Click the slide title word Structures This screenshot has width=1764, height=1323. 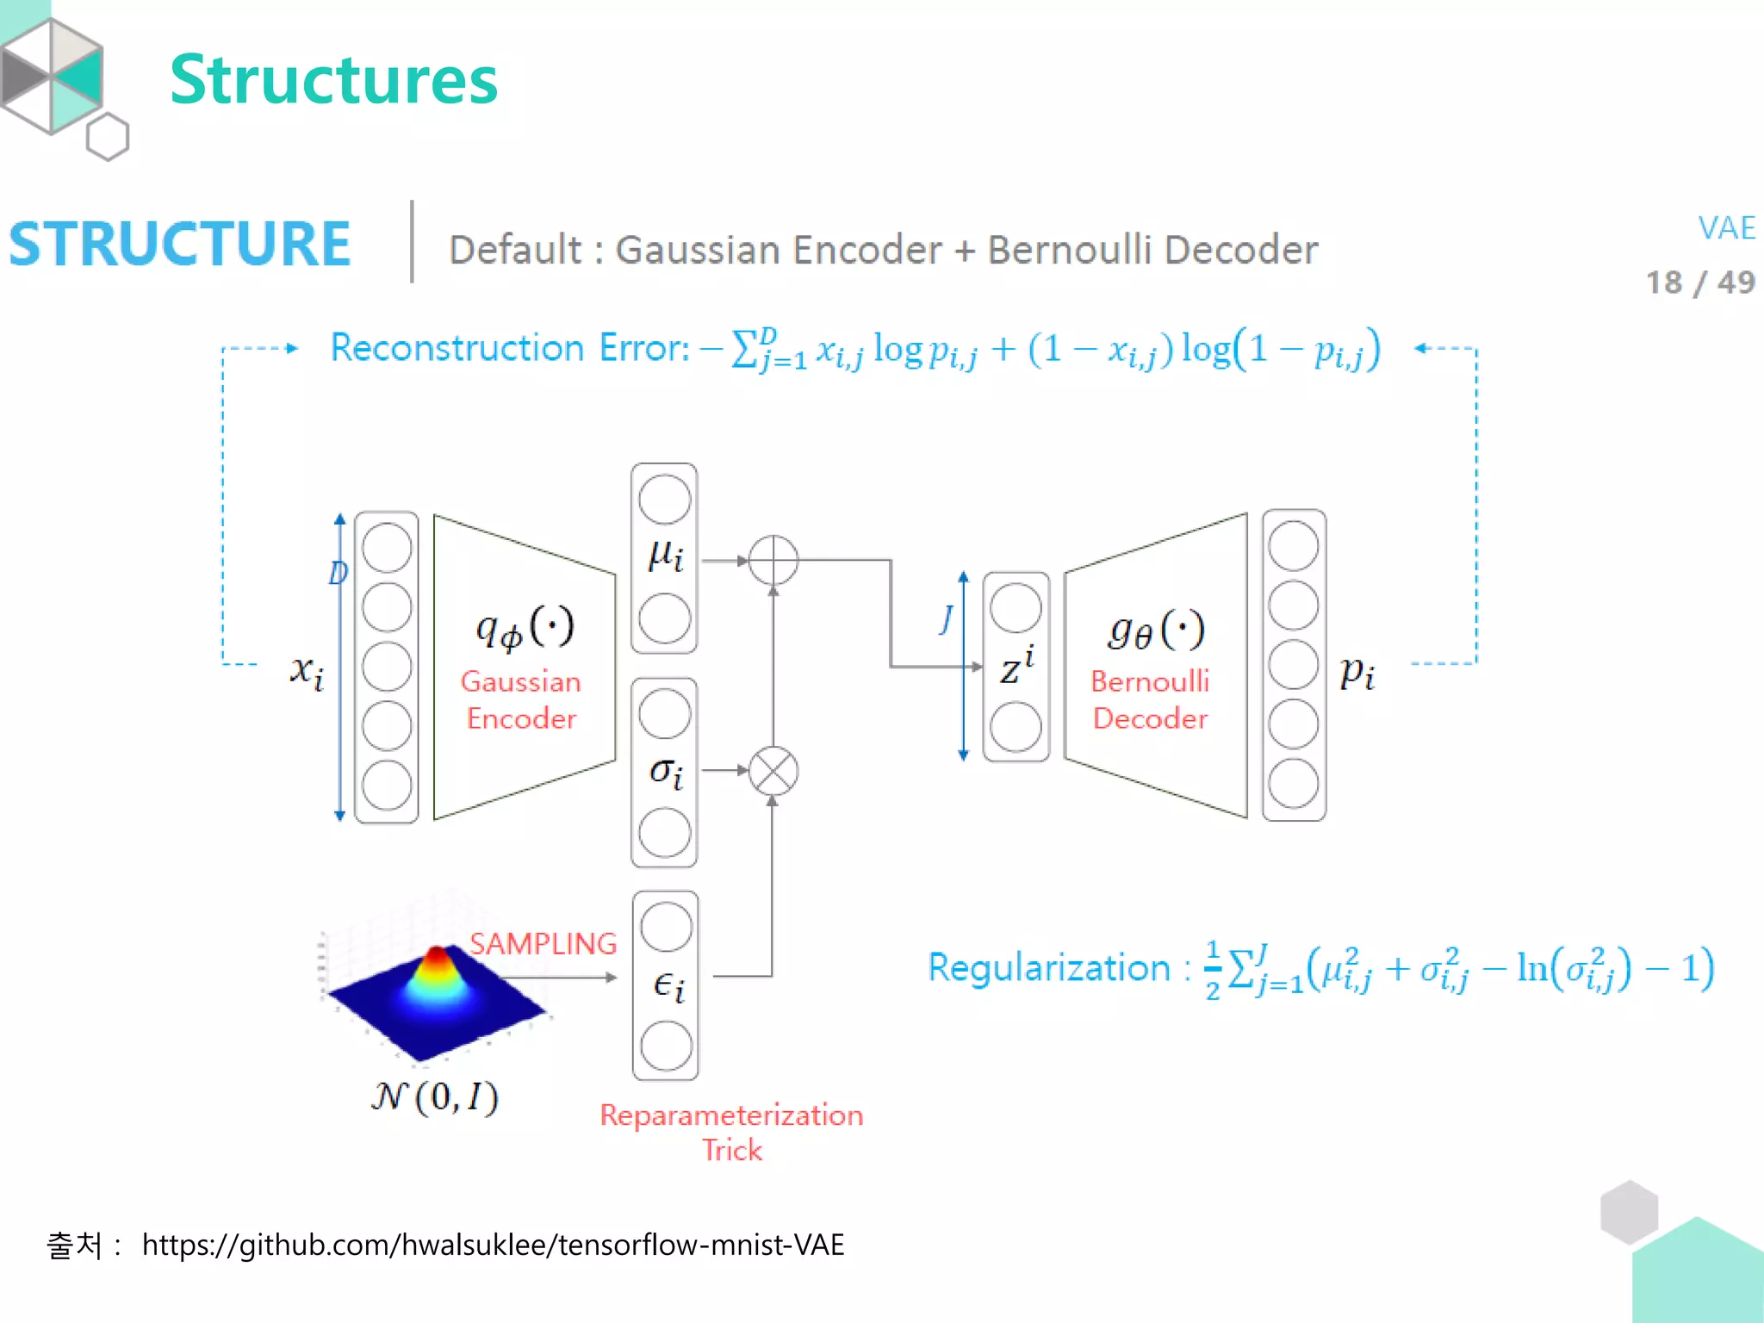[x=333, y=80]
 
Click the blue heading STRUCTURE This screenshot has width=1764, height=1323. [x=180, y=244]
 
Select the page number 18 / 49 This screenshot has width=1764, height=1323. [x=1699, y=283]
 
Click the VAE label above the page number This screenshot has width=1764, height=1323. [x=1725, y=228]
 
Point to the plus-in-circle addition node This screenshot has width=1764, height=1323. [x=773, y=560]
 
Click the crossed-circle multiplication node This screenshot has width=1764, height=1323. [x=773, y=771]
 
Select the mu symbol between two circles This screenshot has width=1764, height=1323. [x=665, y=556]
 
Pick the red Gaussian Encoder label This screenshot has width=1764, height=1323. [x=521, y=699]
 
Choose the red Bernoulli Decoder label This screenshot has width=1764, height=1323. [x=1150, y=699]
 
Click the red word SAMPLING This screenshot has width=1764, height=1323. [x=543, y=944]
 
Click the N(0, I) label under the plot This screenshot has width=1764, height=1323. [x=435, y=1096]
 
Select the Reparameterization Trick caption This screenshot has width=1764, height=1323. [x=731, y=1132]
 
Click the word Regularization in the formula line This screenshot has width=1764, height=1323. [x=1048, y=968]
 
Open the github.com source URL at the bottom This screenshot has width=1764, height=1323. [x=493, y=1245]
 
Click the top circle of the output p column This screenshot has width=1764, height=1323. [x=1293, y=546]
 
